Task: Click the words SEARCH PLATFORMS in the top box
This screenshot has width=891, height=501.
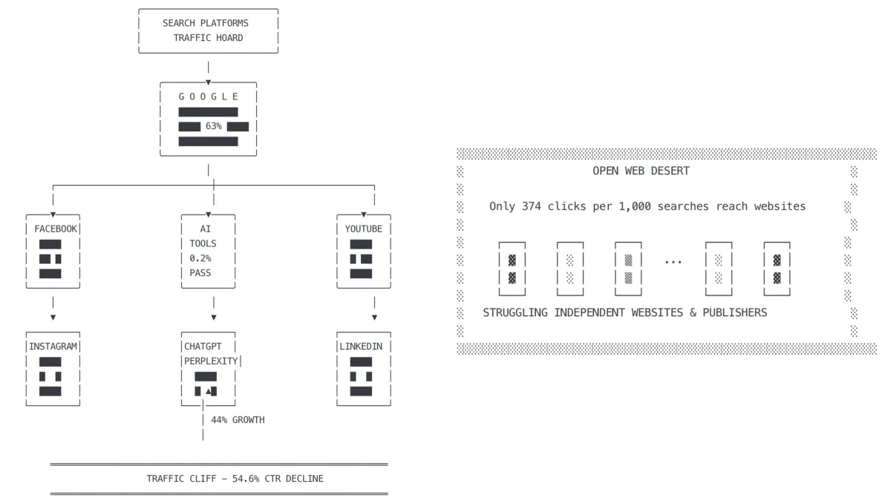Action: click(206, 23)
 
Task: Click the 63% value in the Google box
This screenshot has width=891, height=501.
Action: click(214, 126)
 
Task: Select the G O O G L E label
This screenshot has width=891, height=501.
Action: click(209, 96)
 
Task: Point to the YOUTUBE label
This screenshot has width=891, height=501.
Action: click(364, 229)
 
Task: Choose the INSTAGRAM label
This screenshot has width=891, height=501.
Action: click(53, 347)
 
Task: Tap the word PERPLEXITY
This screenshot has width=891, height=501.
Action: click(212, 361)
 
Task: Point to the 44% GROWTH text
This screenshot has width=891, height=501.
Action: click(238, 420)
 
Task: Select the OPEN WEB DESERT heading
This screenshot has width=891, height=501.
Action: click(641, 171)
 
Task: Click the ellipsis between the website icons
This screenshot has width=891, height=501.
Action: click(673, 261)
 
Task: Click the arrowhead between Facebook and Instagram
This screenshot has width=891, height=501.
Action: click(53, 317)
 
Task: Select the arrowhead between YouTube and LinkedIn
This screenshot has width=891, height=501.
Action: click(374, 317)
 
